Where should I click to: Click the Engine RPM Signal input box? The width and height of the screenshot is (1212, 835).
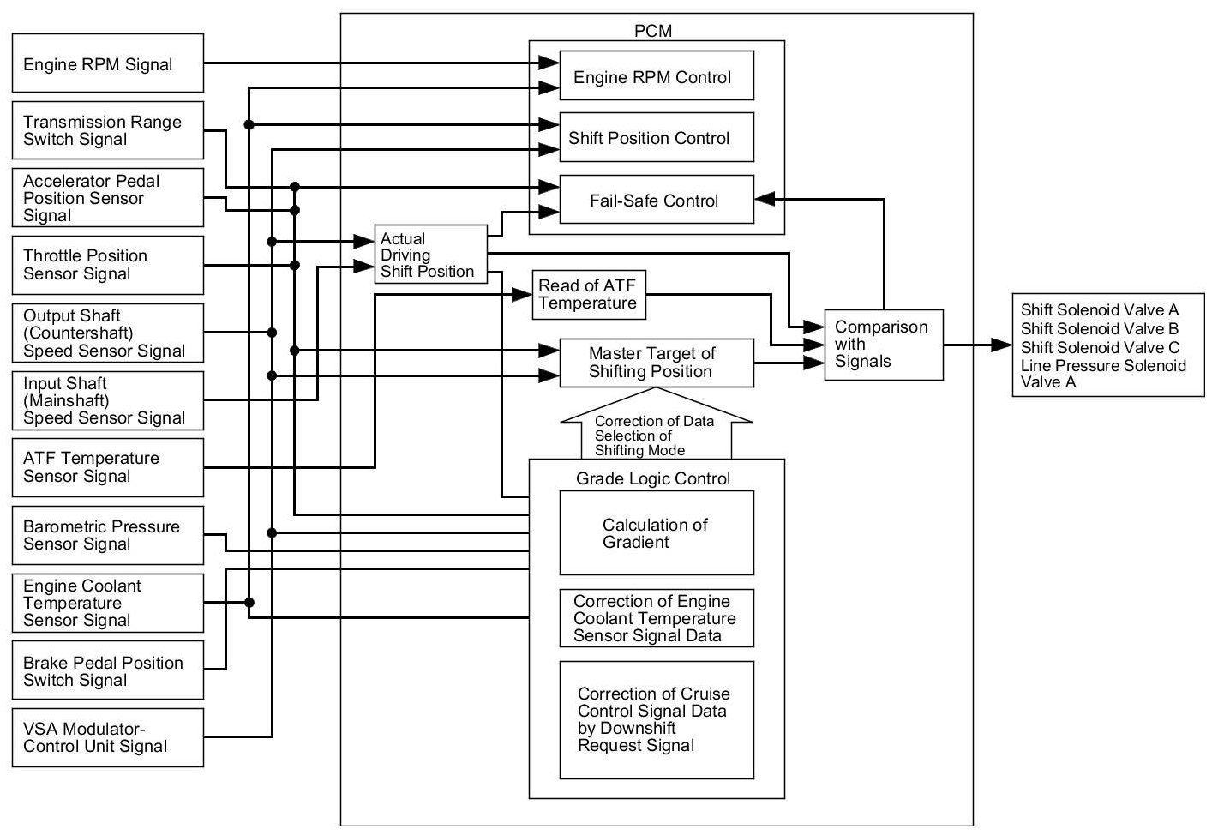click(x=107, y=63)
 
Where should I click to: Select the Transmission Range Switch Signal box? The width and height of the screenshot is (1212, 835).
click(x=107, y=130)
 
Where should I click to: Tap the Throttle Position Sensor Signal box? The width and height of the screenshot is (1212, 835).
click(x=107, y=265)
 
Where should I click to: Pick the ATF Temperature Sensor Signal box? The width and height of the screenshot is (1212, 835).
click(x=107, y=467)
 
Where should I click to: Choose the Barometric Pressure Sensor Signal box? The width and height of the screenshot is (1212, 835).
click(x=107, y=535)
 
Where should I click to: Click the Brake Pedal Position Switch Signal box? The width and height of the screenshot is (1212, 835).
click(x=107, y=670)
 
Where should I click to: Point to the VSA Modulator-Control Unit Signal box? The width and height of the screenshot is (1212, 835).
click(x=107, y=737)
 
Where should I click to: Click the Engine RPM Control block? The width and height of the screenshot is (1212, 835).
click(x=656, y=77)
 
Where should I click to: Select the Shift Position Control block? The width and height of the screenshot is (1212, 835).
click(x=656, y=137)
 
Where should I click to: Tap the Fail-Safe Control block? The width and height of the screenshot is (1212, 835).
click(x=656, y=201)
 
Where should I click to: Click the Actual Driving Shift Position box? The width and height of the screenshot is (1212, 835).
click(x=430, y=255)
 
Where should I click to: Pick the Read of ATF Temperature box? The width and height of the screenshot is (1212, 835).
click(x=588, y=295)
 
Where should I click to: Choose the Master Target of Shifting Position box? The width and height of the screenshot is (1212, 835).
click(x=656, y=363)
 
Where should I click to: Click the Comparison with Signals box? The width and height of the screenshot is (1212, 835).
click(x=883, y=345)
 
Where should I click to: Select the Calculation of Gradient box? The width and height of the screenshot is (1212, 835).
click(x=656, y=533)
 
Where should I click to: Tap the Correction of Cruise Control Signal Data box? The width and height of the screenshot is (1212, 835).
click(x=656, y=719)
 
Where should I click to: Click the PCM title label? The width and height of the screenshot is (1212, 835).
click(x=653, y=31)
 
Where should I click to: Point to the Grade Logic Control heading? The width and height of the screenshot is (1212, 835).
click(x=653, y=478)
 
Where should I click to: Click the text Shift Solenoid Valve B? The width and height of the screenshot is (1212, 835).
click(x=1099, y=328)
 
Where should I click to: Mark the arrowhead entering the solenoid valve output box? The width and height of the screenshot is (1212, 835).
click(x=1002, y=345)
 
